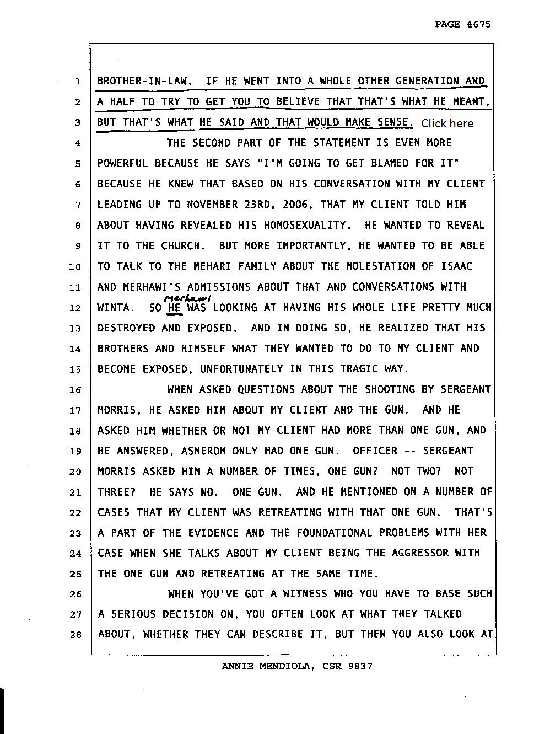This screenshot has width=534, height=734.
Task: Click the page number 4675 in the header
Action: (x=478, y=24)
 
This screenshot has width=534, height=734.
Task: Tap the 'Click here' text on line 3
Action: (x=447, y=123)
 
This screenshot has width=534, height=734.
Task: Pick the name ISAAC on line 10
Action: (x=456, y=266)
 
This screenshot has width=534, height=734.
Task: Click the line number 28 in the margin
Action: (x=75, y=635)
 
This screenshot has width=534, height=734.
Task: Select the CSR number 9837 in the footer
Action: (x=360, y=666)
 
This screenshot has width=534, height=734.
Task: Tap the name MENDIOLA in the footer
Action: (x=285, y=666)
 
